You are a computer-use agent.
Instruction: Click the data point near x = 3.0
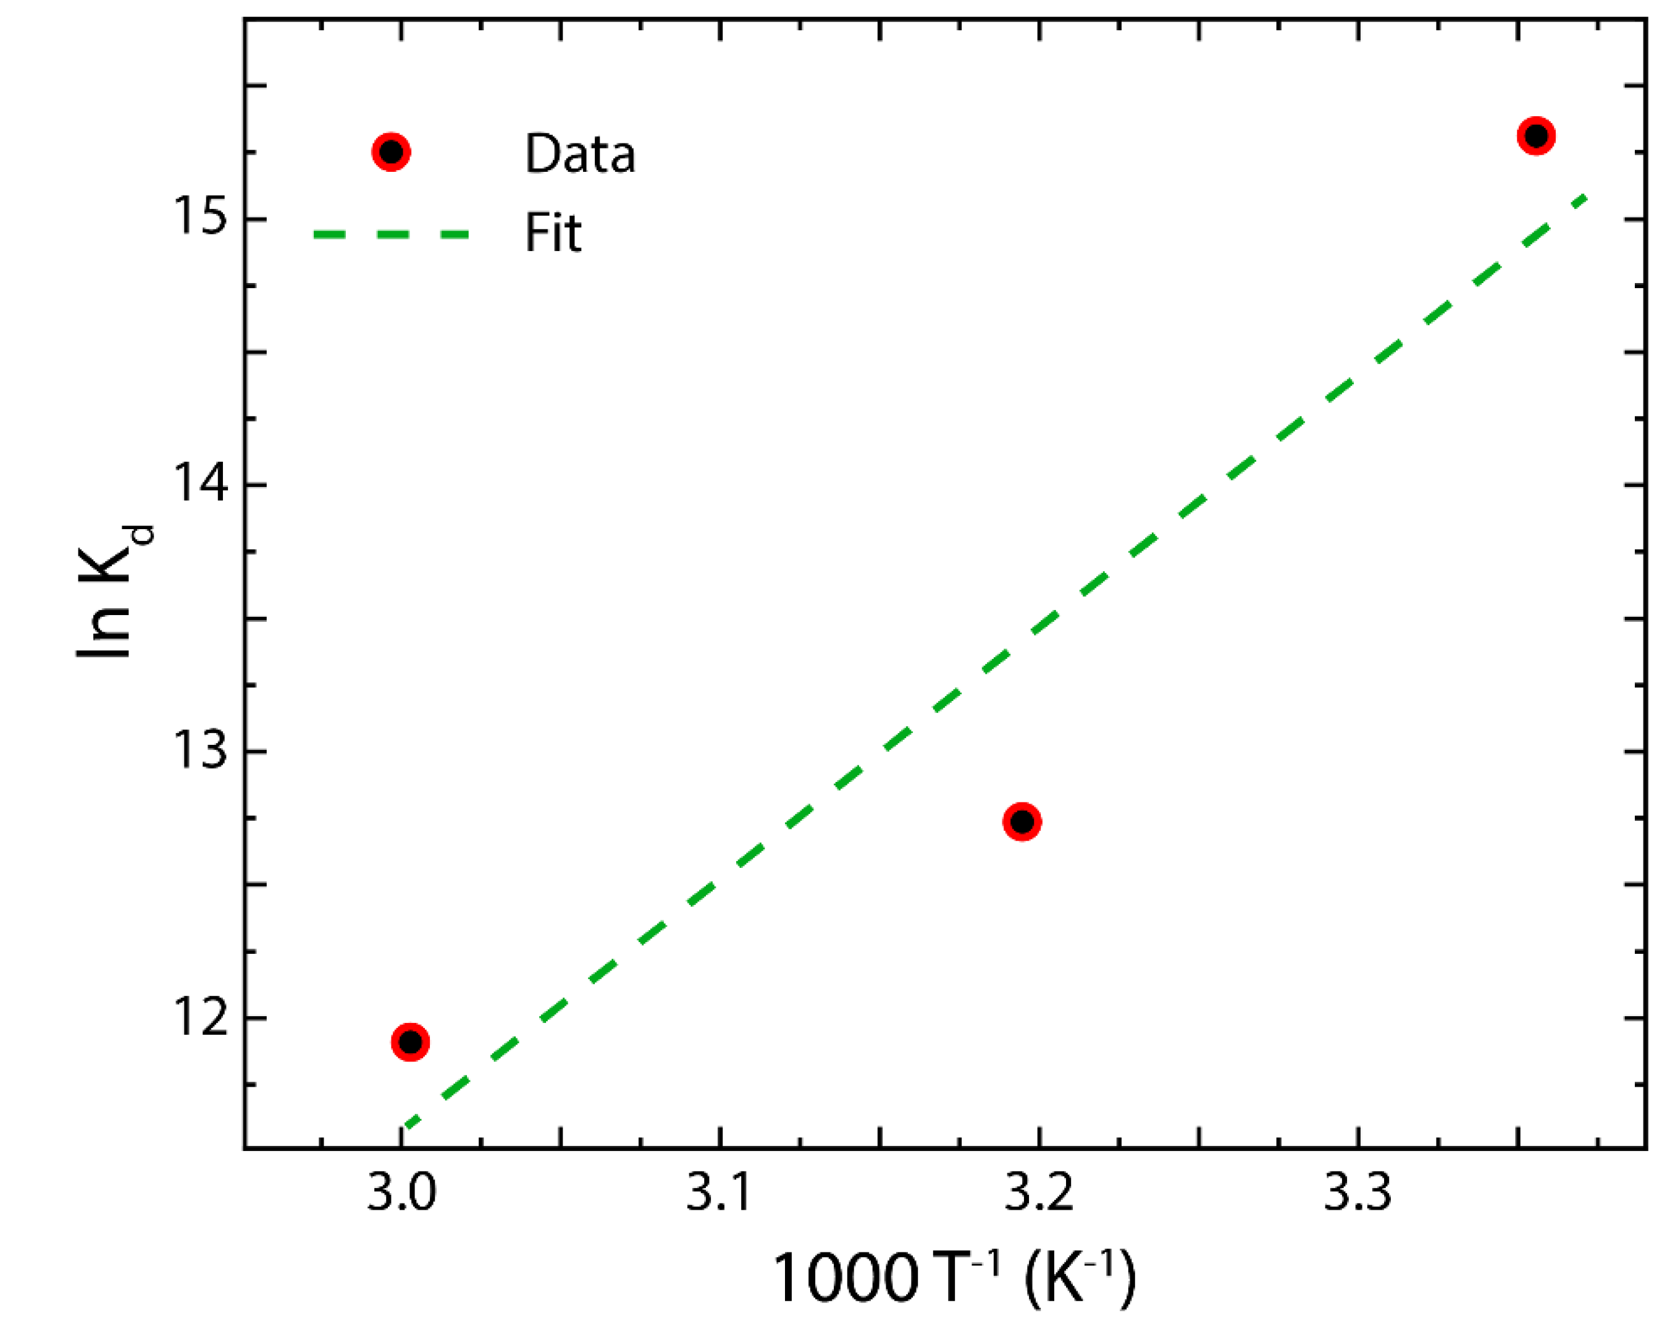pos(410,1042)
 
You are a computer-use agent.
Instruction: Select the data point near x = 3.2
pos(1022,822)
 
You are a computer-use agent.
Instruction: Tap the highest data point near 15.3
pos(1537,136)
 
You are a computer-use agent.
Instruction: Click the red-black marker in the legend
pos(391,152)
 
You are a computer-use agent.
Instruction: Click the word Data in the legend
pos(580,155)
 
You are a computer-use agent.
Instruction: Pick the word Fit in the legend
pos(552,233)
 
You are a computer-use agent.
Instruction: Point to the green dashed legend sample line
pos(391,234)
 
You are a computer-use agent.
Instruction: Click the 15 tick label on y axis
pos(199,218)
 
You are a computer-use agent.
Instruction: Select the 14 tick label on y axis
pos(199,485)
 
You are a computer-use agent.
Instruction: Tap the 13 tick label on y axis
pos(199,750)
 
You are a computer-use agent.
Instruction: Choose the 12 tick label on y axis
pos(199,1017)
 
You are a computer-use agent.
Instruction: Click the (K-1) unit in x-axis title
pos(1079,1276)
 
